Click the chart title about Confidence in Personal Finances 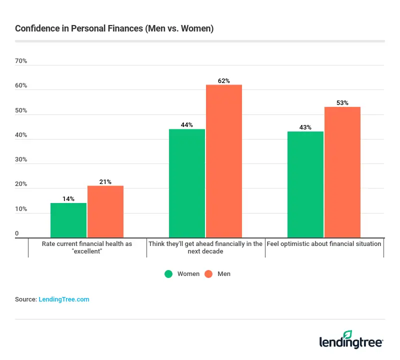(x=114, y=28)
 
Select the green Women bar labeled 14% (x=68, y=220)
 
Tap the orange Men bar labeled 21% (x=105, y=211)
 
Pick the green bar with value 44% (x=187, y=183)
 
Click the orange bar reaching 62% (x=224, y=161)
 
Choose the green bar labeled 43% (x=305, y=184)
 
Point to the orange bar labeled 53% (x=342, y=172)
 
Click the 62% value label (x=224, y=80)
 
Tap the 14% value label (x=68, y=198)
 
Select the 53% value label (x=342, y=102)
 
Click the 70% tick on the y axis (x=21, y=61)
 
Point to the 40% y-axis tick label (x=21, y=135)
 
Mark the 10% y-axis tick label (x=21, y=209)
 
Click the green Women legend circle (x=168, y=274)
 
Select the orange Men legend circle (x=209, y=274)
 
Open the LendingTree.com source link (x=64, y=299)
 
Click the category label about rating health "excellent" (x=87, y=247)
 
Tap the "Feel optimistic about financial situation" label (x=324, y=244)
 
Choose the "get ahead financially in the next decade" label (x=205, y=247)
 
